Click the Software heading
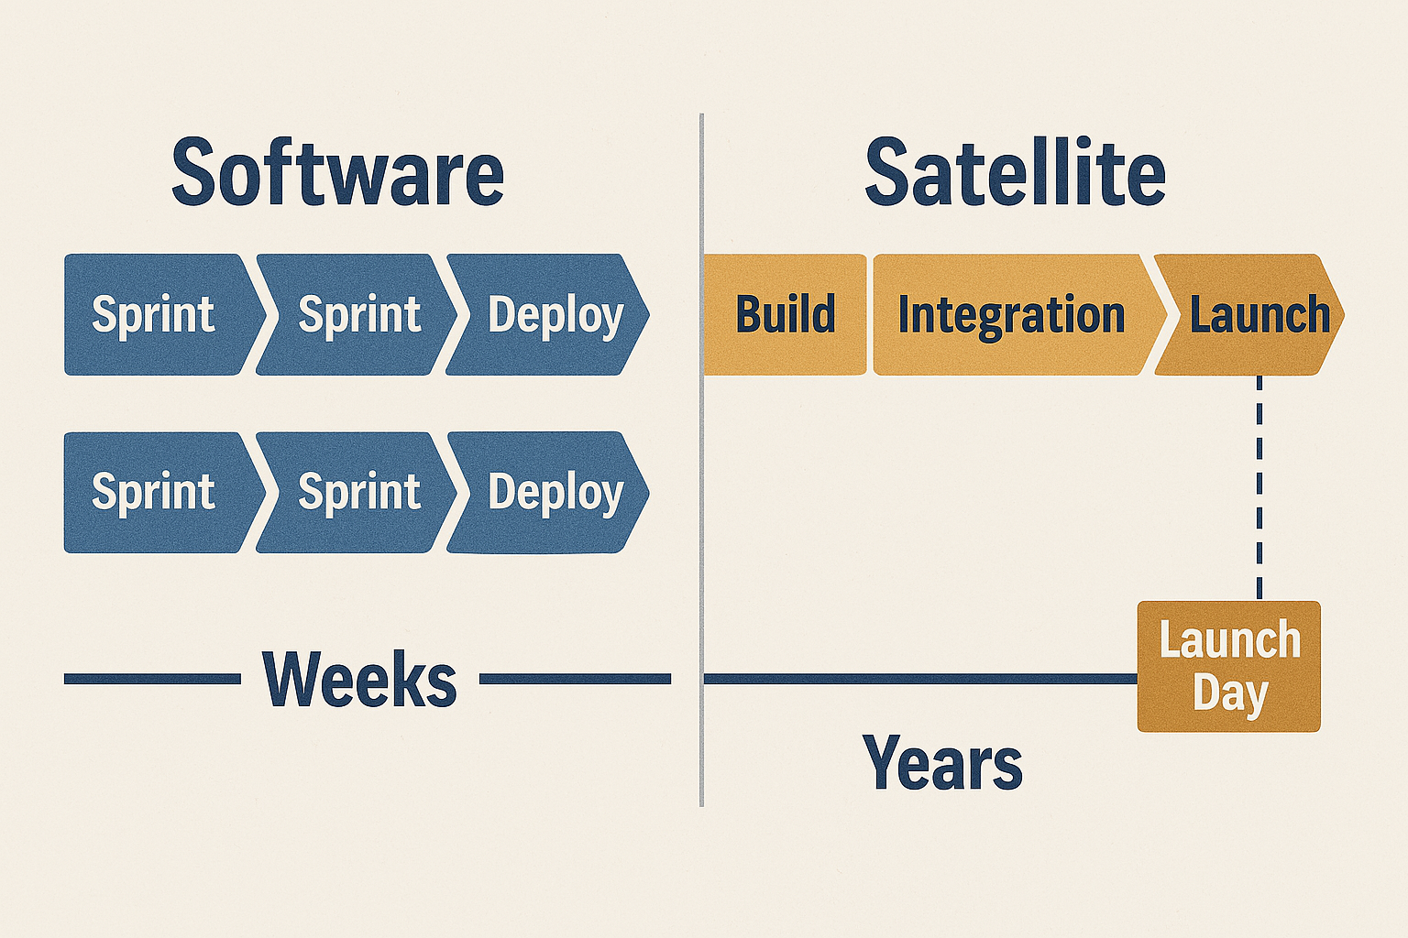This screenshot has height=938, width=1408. tap(337, 171)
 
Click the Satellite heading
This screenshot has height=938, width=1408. tap(1015, 171)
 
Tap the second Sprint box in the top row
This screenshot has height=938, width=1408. tap(356, 314)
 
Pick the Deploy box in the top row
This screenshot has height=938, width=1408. tap(547, 314)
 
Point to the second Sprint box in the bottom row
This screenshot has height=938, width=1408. tap(356, 493)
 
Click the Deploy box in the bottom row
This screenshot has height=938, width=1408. tap(547, 493)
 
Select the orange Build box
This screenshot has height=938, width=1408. tap(785, 314)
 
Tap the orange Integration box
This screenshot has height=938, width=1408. tap(1019, 314)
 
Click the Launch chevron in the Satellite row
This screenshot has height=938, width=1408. tap(1249, 314)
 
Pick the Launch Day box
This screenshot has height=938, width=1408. tap(1229, 666)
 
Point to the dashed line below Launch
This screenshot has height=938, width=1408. tap(1259, 488)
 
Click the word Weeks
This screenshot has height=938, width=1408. tap(359, 679)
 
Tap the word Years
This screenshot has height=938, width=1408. tap(943, 761)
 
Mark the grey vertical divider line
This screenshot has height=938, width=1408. tap(701, 460)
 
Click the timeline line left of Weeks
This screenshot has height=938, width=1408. tap(152, 679)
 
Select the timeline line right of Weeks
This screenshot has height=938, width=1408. tap(575, 679)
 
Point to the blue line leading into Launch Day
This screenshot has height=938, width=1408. tap(921, 679)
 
